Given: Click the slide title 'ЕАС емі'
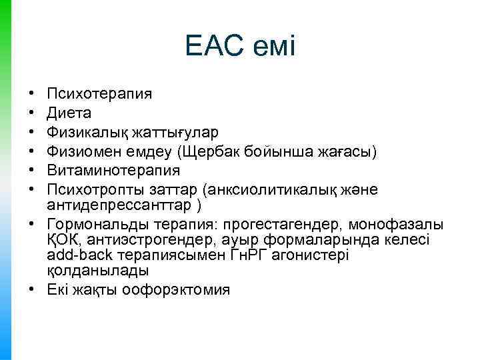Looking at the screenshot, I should coord(240,47).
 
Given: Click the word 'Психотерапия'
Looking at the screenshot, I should coord(99,93).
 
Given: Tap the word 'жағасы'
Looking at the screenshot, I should coord(347,152).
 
